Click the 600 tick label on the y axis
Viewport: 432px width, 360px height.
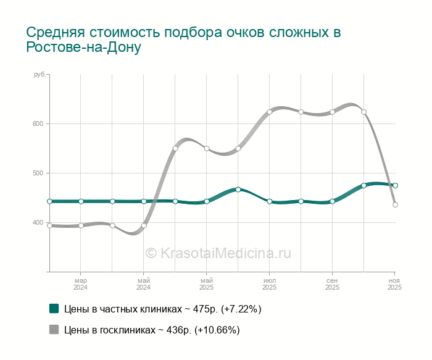(x=38, y=124)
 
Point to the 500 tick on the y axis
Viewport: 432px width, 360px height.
(x=38, y=174)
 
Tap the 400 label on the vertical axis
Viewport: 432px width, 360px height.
(x=38, y=223)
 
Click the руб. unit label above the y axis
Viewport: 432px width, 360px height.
(x=39, y=75)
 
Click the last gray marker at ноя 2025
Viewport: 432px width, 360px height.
(x=395, y=205)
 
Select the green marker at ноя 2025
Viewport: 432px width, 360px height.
(x=395, y=185)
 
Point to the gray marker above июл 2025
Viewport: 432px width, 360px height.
(x=270, y=112)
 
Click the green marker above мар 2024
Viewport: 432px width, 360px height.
(x=81, y=201)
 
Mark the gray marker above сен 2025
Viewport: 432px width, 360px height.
(x=332, y=112)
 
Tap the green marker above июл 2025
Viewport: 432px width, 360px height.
(x=270, y=201)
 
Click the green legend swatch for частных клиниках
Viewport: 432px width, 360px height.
(x=54, y=309)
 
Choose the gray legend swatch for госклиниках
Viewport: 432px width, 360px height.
(x=54, y=330)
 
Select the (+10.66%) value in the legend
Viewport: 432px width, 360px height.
(x=217, y=330)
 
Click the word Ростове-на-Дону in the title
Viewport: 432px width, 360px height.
(x=84, y=48)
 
